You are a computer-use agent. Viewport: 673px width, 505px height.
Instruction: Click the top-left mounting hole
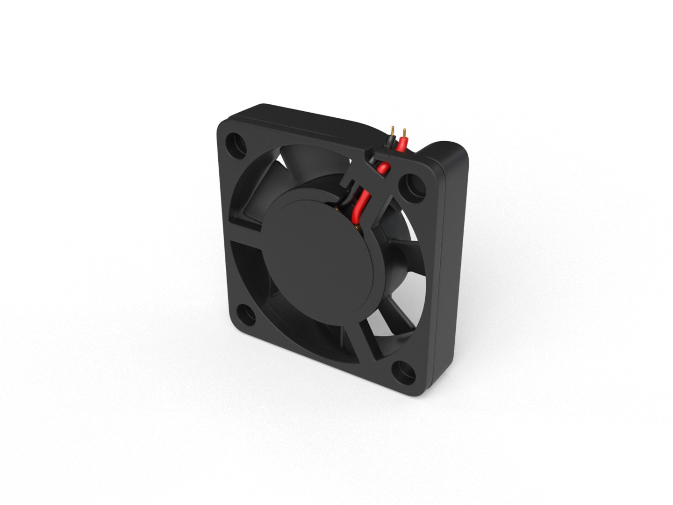[236, 143]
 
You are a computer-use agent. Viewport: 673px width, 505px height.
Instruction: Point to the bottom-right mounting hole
[405, 368]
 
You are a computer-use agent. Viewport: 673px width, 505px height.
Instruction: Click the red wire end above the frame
[402, 144]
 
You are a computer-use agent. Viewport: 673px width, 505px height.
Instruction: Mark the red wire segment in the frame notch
[382, 167]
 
